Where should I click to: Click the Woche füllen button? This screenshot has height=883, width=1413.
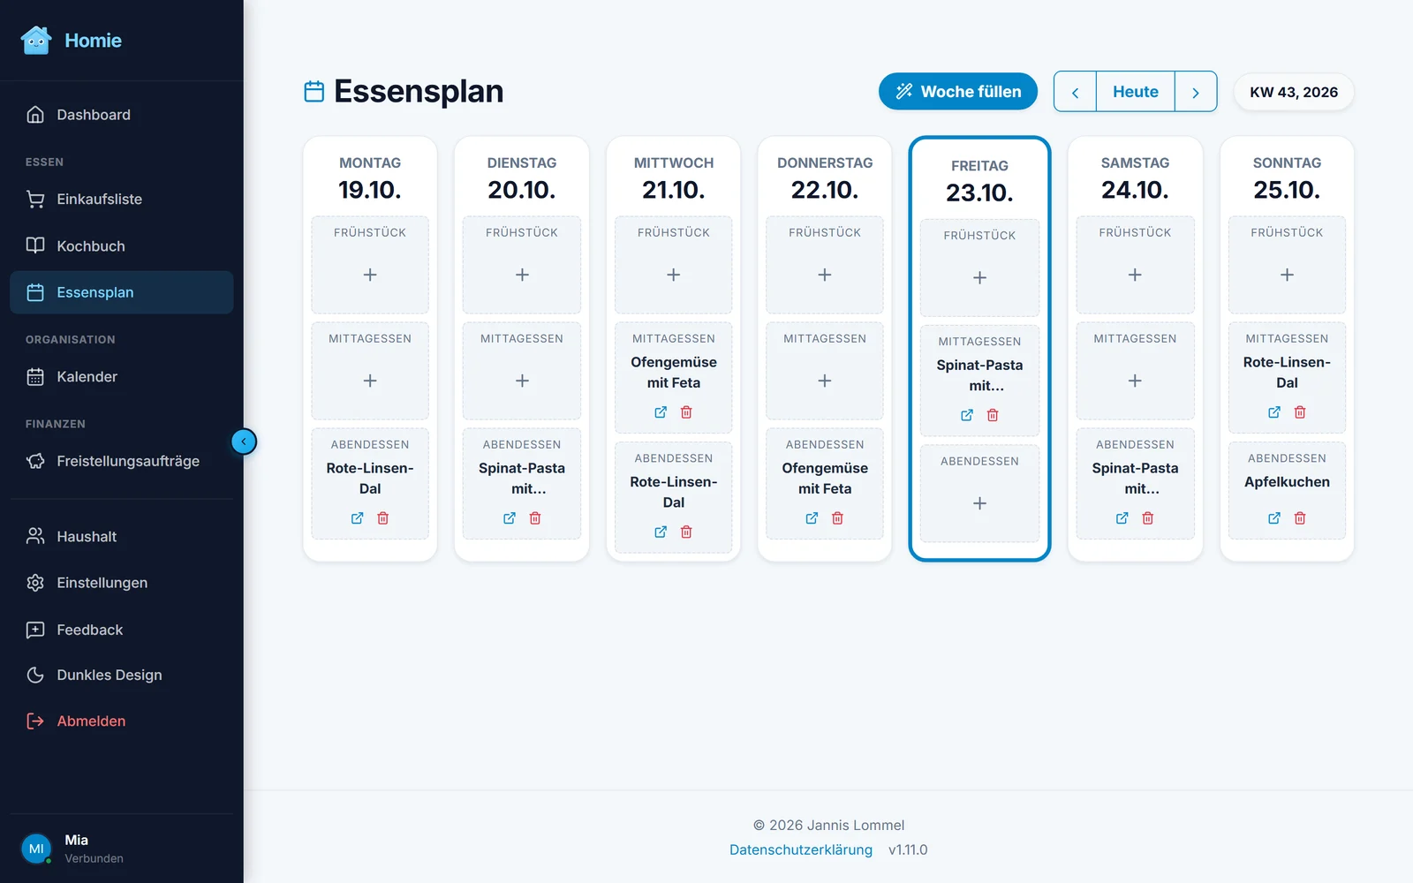[957, 92]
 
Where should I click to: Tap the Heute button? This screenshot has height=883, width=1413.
[1135, 92]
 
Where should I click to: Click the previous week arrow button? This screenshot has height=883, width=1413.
[1075, 92]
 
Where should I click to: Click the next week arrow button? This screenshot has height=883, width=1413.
[1196, 92]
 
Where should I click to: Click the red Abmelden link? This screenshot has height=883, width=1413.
[91, 721]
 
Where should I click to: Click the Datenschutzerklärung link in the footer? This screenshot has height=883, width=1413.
[800, 849]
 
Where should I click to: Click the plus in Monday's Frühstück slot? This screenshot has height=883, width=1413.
[370, 275]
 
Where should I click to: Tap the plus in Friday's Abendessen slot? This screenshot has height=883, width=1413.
[979, 503]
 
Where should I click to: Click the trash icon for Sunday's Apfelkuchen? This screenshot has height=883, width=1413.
[1299, 517]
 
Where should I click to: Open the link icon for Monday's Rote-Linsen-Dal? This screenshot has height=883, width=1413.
[357, 517]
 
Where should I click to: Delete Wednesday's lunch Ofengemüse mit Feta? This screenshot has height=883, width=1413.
[686, 411]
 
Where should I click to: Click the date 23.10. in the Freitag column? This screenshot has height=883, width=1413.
[979, 192]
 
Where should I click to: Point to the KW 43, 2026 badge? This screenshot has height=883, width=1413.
[1294, 92]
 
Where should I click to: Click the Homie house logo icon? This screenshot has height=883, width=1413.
[36, 41]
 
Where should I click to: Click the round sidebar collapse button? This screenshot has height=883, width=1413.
[244, 441]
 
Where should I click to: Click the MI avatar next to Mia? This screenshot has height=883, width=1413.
[36, 849]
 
